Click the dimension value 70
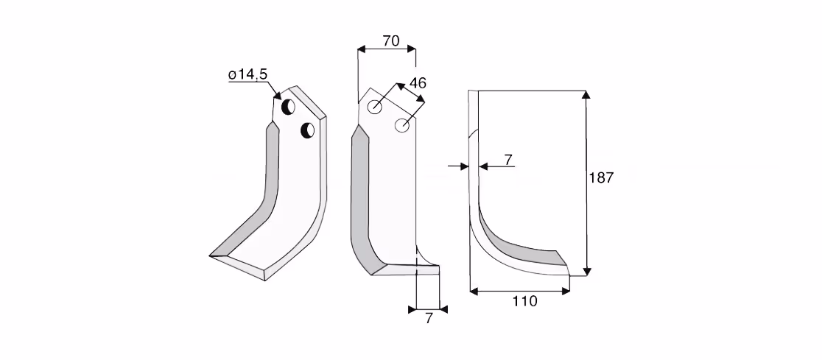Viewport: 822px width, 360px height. (x=391, y=41)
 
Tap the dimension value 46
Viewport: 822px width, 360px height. (x=418, y=82)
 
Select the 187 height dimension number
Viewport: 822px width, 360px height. (x=601, y=177)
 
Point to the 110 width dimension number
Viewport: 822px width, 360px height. (x=525, y=301)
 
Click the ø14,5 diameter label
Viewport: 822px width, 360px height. (x=248, y=74)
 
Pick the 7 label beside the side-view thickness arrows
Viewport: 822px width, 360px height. (x=508, y=160)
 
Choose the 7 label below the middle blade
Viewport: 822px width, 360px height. (x=429, y=318)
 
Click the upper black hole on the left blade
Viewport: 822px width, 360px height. (x=288, y=107)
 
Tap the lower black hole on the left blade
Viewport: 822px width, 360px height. (x=307, y=130)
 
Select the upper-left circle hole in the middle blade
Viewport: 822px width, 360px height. (x=375, y=107)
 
